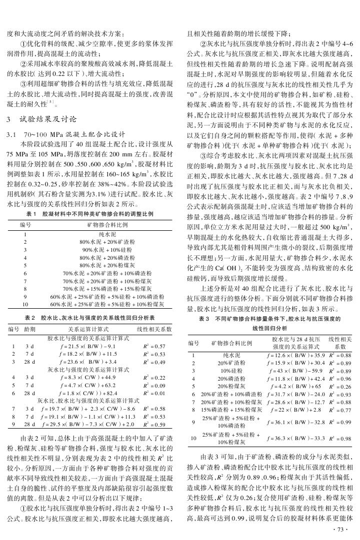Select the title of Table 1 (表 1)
click(91, 214)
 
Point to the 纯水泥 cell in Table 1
click(107, 233)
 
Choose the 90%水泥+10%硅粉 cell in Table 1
click(107, 249)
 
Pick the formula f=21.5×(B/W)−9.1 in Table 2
click(88, 346)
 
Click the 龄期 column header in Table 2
click(29, 330)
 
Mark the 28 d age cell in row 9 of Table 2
click(29, 425)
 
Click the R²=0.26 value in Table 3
click(340, 387)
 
